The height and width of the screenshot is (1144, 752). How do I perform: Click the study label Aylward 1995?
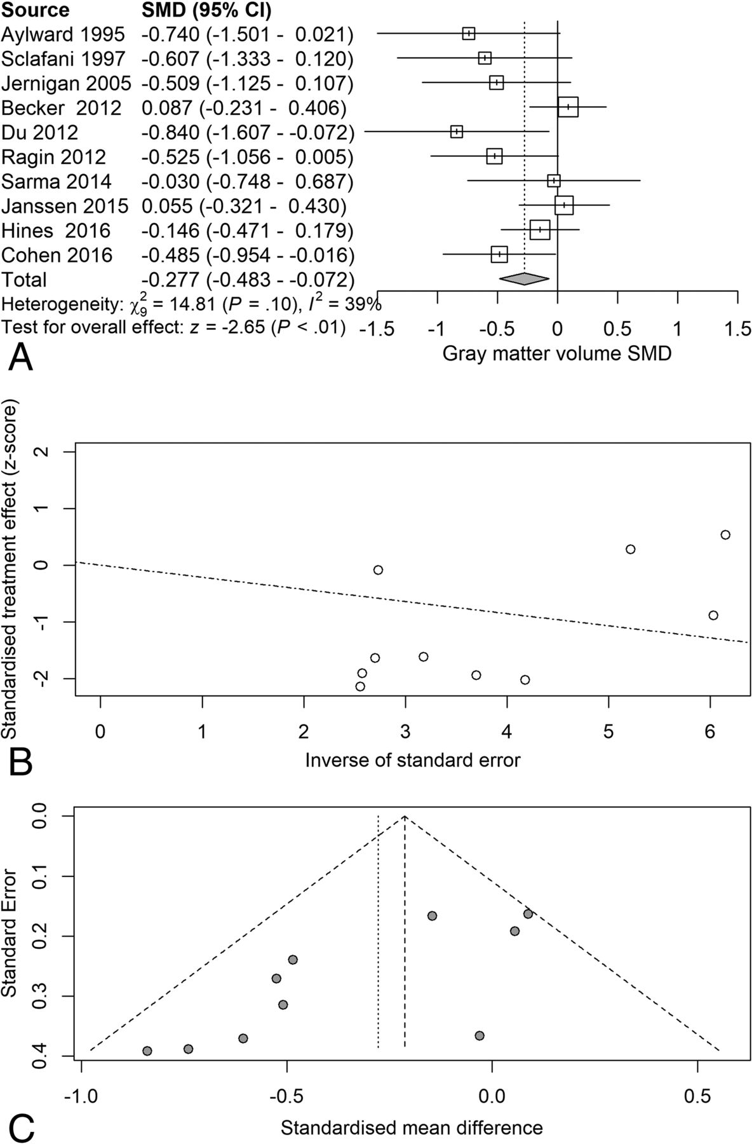tap(63, 34)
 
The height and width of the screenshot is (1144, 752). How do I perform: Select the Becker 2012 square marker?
tap(568, 107)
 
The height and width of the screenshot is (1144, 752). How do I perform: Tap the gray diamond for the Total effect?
tap(524, 278)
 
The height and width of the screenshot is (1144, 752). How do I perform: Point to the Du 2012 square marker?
tap(456, 132)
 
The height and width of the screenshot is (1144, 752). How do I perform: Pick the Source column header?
tap(35, 11)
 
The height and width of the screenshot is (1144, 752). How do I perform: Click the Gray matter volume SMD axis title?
tap(556, 353)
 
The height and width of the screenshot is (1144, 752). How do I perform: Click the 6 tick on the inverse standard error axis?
tap(710, 732)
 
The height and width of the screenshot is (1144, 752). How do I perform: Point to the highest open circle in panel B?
tap(725, 535)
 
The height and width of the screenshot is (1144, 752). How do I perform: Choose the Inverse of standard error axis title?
tap(412, 759)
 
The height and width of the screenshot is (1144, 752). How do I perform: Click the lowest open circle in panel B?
tap(360, 686)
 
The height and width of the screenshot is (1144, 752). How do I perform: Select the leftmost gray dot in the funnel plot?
tap(147, 1051)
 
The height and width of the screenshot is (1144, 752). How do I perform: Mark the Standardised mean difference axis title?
tap(412, 1110)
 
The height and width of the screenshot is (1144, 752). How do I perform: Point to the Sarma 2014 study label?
tap(56, 182)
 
